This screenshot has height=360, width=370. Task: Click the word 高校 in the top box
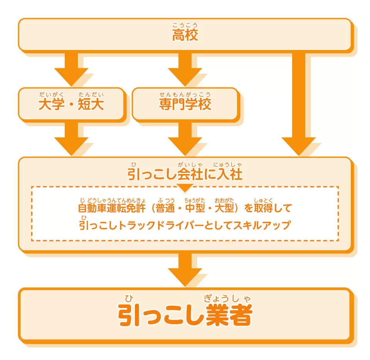coord(185,36)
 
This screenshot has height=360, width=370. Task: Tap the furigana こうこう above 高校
coord(185,26)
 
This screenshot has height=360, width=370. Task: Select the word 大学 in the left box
coord(52,105)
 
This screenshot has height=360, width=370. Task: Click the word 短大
coord(91,105)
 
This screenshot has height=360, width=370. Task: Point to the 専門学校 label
coord(185,105)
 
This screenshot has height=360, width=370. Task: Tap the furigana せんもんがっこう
coord(185,95)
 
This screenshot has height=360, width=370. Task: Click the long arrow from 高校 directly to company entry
coord(299,104)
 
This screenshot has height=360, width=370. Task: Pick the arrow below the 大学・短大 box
coord(71,139)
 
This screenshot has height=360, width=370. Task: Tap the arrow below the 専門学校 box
coord(185,139)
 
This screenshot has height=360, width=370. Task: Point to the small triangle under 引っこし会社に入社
coord(185,188)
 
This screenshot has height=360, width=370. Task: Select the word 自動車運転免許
coord(112,208)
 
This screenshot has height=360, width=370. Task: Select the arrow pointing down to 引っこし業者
coord(185,270)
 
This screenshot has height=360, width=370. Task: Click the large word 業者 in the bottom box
coord(229,316)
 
